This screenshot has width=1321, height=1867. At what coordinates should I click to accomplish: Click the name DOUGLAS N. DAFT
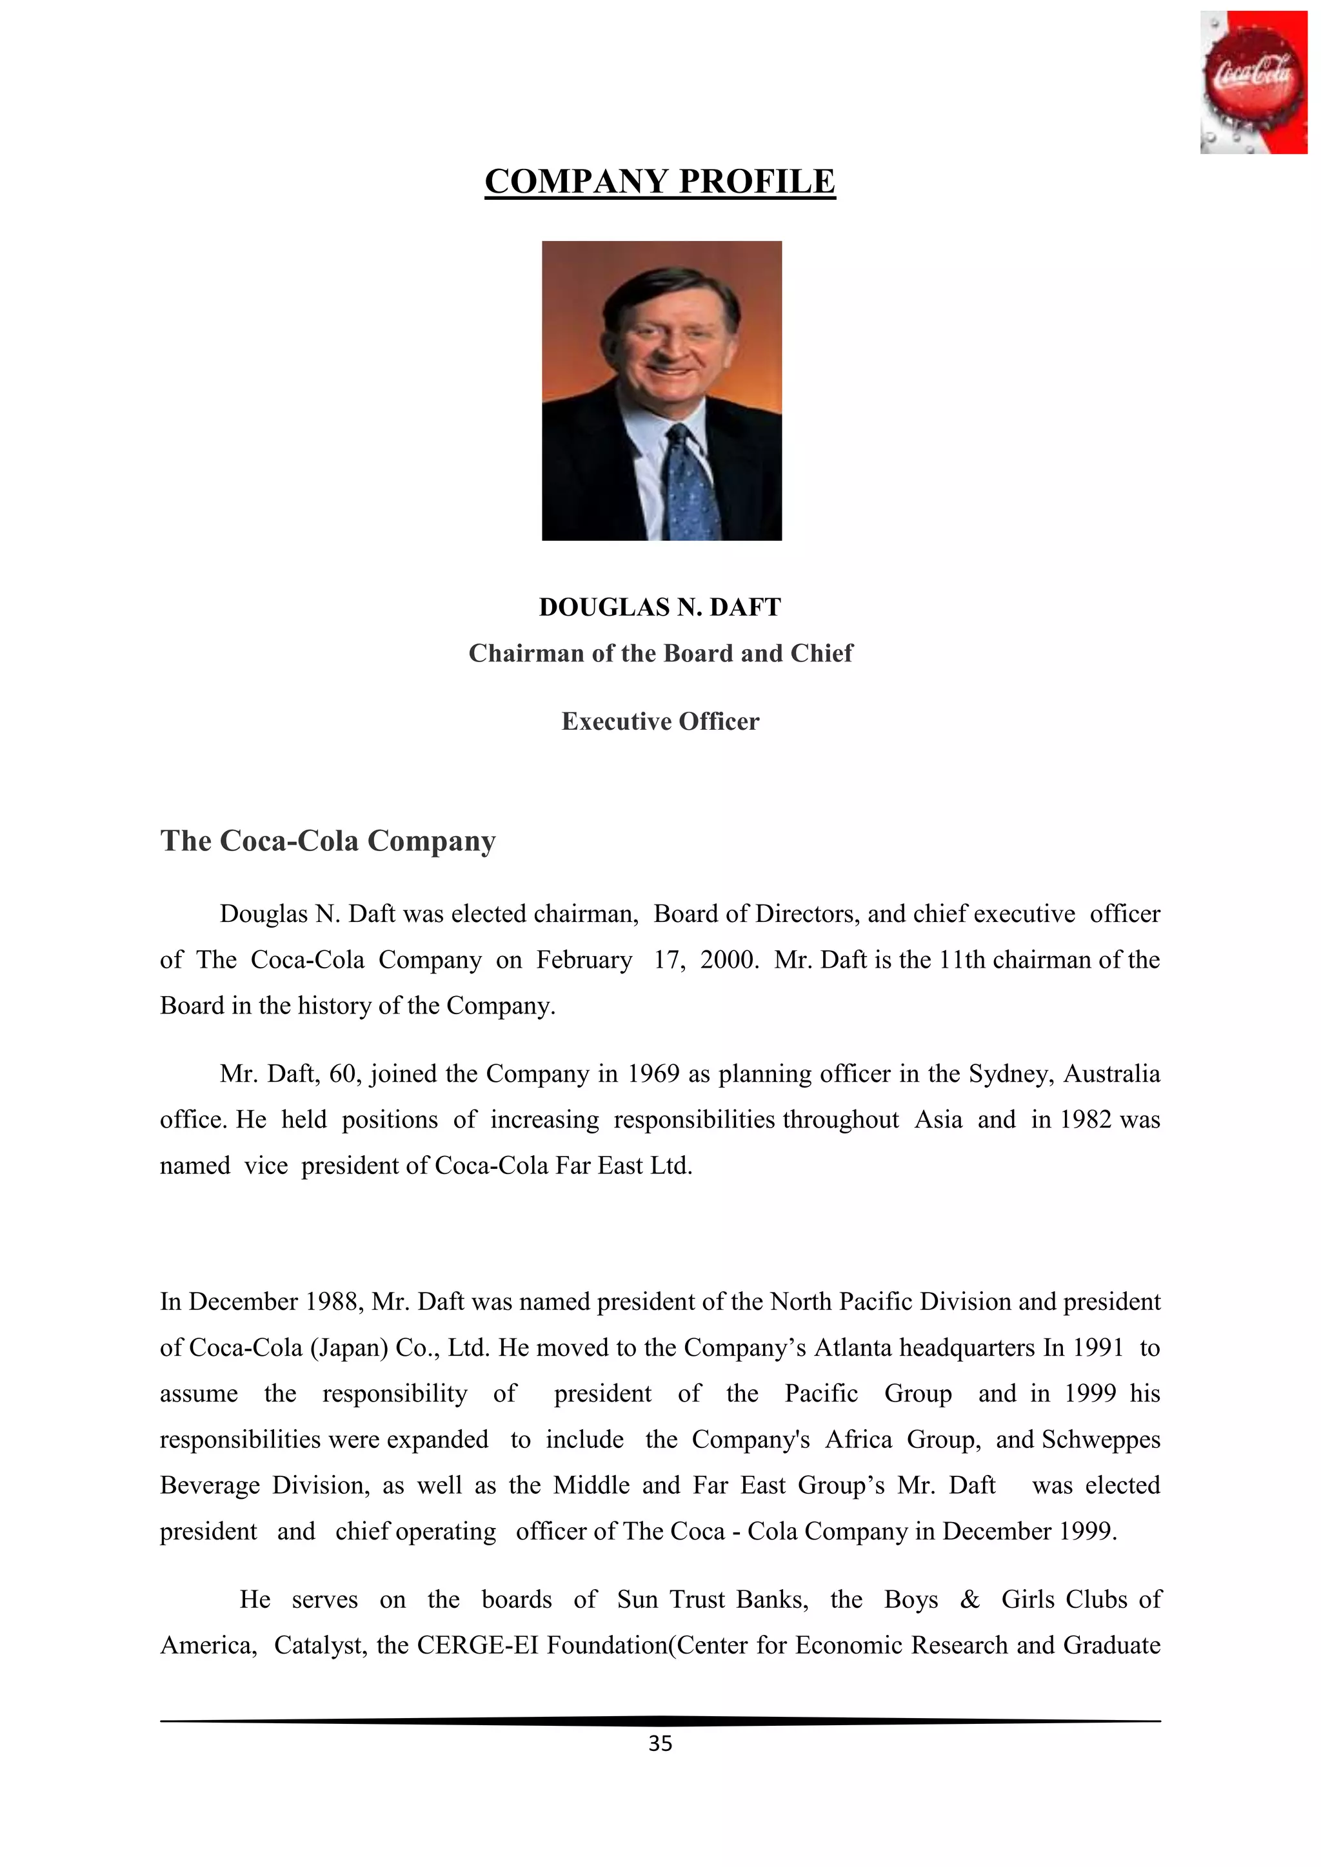(660, 607)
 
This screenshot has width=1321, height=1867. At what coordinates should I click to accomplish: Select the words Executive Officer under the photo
(660, 722)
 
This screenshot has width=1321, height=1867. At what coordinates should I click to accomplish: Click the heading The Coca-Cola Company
(328, 841)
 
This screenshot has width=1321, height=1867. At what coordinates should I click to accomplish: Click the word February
(584, 961)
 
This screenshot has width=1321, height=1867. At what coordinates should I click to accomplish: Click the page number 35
(660, 1743)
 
